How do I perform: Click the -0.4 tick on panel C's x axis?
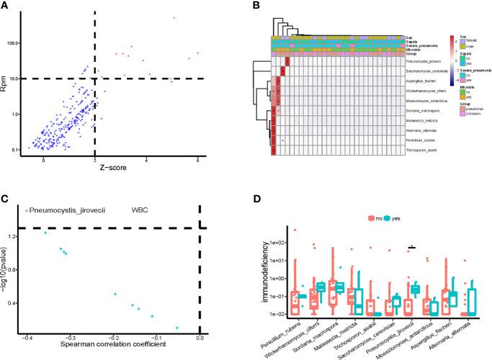(x=28, y=337)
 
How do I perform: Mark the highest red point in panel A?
(x=174, y=18)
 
